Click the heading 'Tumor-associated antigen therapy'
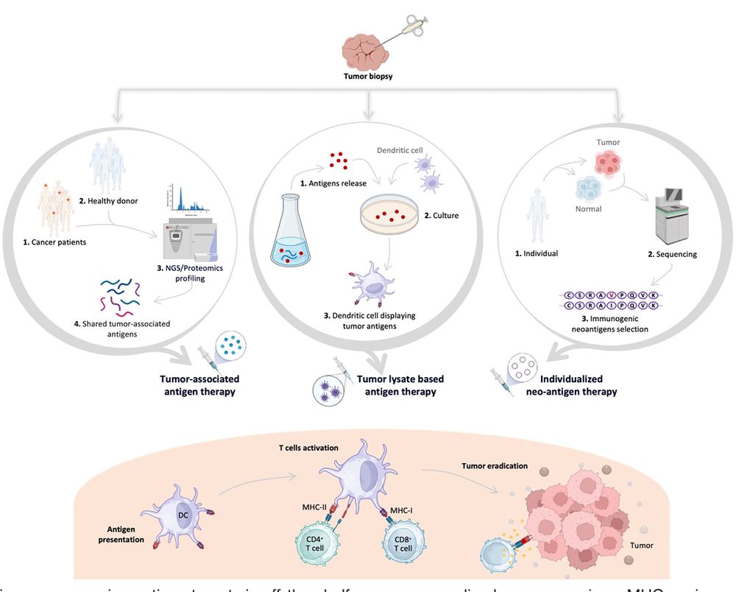tap(200, 385)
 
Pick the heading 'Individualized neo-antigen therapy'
tap(571, 385)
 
